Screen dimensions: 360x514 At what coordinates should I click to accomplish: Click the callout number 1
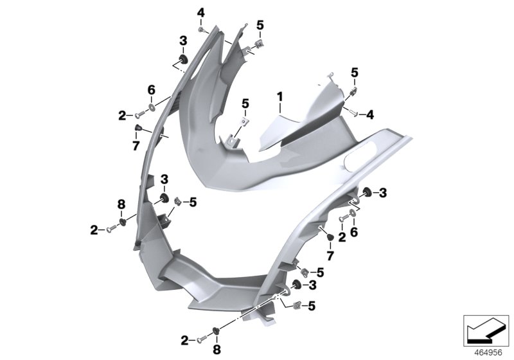tap(279, 97)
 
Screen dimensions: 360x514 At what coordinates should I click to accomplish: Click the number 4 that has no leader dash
tap(200, 13)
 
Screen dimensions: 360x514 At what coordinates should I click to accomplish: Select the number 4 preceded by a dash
tap(370, 114)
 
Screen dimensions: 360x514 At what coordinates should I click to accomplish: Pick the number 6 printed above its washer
tap(152, 89)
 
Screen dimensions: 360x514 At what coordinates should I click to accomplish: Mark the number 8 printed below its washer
tap(216, 349)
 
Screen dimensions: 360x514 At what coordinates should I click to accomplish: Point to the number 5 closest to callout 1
tap(245, 103)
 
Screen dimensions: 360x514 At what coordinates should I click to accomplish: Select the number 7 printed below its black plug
tap(331, 256)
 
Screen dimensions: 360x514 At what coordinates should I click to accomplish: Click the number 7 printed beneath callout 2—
tap(136, 147)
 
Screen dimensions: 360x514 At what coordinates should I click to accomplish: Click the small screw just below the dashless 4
tap(201, 29)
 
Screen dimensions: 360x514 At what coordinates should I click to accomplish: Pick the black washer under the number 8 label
tap(123, 221)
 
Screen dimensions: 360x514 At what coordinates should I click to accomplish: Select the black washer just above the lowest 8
tap(216, 332)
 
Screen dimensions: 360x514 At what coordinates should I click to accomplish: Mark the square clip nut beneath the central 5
tap(245, 120)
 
